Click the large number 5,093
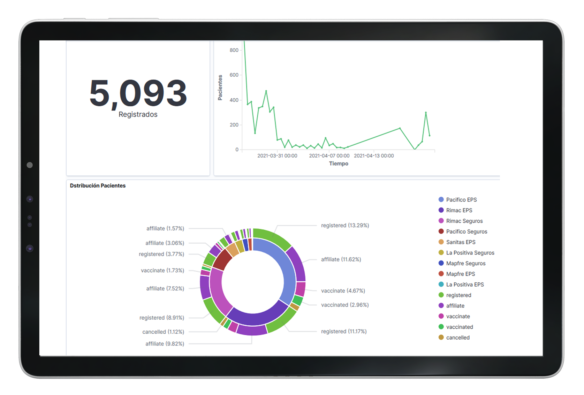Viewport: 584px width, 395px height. click(138, 93)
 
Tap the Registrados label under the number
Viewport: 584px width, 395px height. click(138, 114)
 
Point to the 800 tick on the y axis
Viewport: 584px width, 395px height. click(234, 50)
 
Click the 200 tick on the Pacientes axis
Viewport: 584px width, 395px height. click(234, 125)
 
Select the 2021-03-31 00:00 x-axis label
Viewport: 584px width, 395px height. click(277, 156)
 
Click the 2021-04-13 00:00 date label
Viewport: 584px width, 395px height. click(374, 156)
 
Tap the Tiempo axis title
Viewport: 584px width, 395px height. click(339, 164)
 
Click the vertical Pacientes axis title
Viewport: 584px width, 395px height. click(220, 88)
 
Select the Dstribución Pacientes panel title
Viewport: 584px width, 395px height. click(98, 185)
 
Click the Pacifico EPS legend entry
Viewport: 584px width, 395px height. click(461, 200)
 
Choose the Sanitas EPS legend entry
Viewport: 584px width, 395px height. click(460, 242)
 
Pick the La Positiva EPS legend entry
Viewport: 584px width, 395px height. click(464, 284)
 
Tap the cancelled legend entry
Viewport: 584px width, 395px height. click(457, 337)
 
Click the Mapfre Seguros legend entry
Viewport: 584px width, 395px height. click(465, 264)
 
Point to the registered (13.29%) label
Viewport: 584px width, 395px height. click(345, 226)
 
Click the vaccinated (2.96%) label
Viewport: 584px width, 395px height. click(345, 305)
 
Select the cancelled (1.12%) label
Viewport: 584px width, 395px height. click(163, 332)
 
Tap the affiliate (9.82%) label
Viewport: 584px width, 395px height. click(165, 344)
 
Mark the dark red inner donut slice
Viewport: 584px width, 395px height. click(222, 260)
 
